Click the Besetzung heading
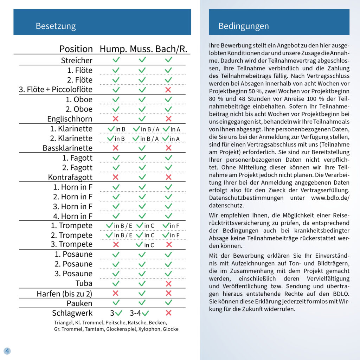(56, 26)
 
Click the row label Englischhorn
(70, 119)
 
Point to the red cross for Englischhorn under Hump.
(115, 119)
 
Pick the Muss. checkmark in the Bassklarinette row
(142, 148)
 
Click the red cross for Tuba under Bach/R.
(168, 283)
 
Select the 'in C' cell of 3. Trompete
(145, 245)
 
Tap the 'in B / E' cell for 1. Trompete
(119, 225)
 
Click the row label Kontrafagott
(70, 177)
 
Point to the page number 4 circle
(7, 351)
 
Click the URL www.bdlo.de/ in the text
(330, 198)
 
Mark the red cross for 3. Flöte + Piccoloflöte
(168, 90)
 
